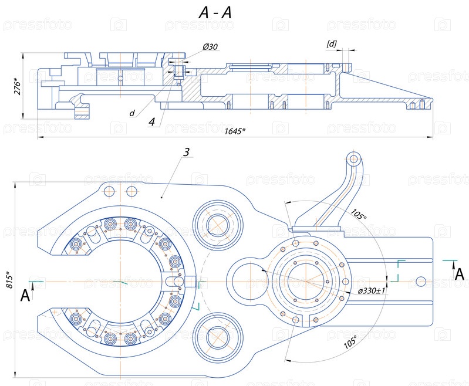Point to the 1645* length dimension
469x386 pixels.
(x=234, y=130)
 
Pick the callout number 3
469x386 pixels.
(x=186, y=153)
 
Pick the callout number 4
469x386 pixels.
(x=152, y=121)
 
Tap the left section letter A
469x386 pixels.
(x=25, y=295)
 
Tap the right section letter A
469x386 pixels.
(x=457, y=274)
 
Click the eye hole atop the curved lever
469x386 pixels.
(x=353, y=158)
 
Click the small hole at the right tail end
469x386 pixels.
(x=420, y=282)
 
